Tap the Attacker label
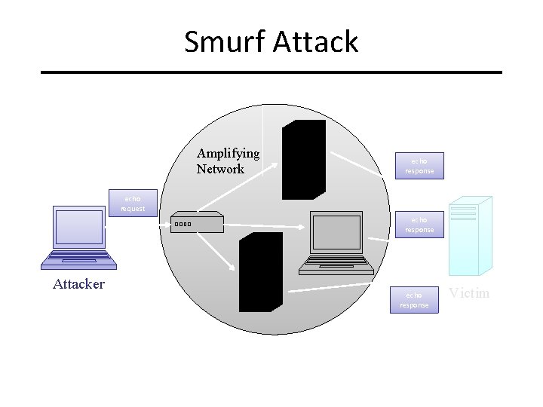coord(78,284)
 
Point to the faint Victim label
coord(469,292)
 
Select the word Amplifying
coord(228,154)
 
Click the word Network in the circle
coord(220,169)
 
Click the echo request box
coord(133,203)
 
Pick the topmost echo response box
coord(419,166)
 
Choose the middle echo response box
coord(419,225)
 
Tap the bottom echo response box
coord(414,299)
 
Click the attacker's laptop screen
coord(78,226)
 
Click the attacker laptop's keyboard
coord(78,259)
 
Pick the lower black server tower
coord(260,271)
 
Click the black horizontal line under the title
coord(271,72)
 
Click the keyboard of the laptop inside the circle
coord(336,265)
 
